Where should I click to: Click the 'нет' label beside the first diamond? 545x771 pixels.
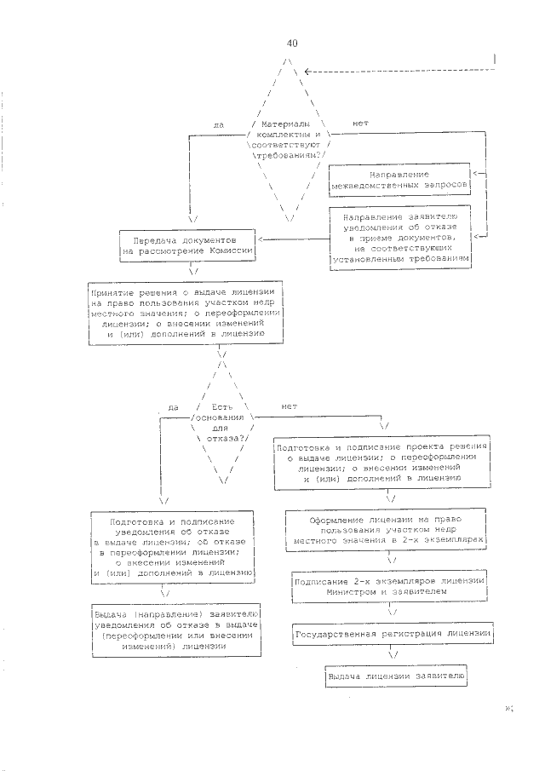[359, 124]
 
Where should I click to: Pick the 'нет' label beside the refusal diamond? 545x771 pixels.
[288, 406]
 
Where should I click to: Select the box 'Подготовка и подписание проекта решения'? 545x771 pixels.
[381, 463]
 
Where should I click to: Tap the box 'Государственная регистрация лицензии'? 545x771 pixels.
[394, 635]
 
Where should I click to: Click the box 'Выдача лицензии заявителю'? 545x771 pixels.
[394, 676]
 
